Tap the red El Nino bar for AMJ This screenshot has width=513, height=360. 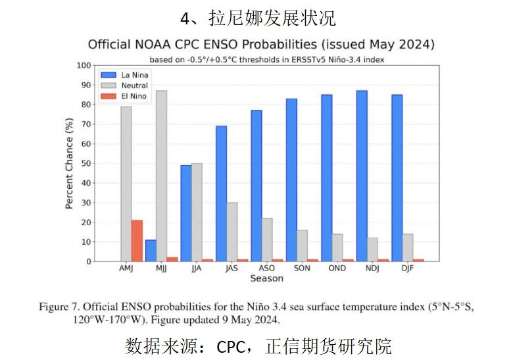(137, 240)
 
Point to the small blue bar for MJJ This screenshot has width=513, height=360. (151, 251)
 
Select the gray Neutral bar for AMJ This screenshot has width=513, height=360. (126, 184)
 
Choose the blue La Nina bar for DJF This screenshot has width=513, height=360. (397, 178)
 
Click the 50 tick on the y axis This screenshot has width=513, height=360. (85, 163)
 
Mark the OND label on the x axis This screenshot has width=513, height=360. (337, 269)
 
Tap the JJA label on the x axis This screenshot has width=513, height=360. (196, 269)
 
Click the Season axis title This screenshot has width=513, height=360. (266, 278)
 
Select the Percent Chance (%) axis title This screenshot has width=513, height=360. (69, 163)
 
